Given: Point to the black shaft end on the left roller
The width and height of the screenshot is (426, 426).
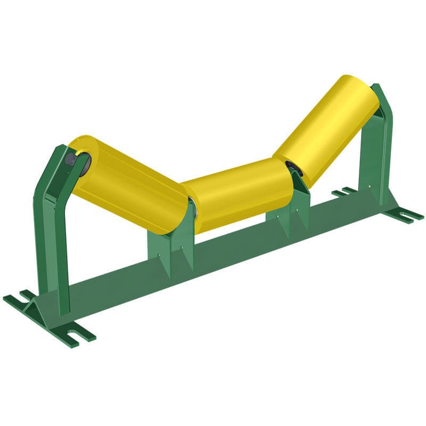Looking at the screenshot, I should (70, 159).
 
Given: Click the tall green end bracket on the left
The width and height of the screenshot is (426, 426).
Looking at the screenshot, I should (53, 229).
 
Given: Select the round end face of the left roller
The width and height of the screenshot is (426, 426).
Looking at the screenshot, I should (80, 160).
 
